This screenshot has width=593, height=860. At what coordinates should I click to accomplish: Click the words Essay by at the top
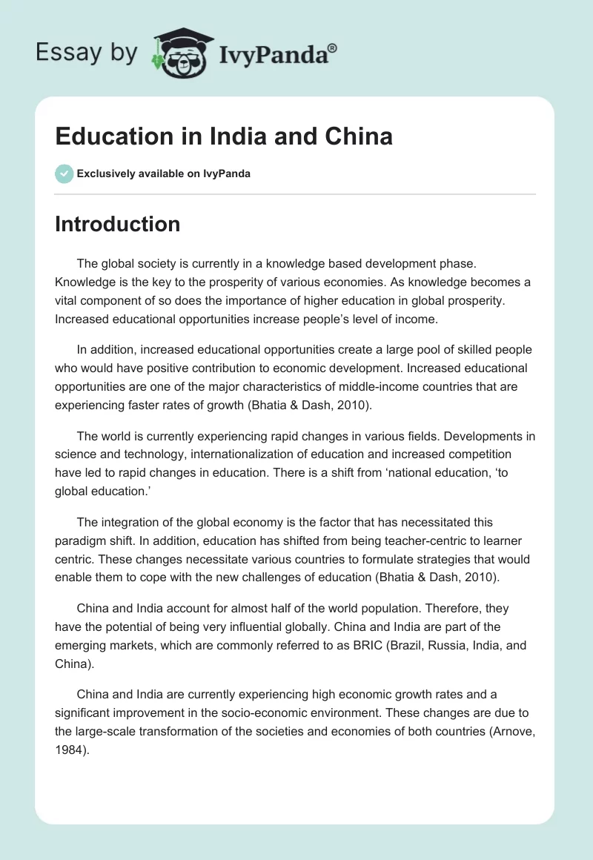86,53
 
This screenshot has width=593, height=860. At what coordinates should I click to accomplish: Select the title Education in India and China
223,137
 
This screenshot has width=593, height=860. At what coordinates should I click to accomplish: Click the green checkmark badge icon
64,173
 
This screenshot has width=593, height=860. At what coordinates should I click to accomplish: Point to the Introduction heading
117,224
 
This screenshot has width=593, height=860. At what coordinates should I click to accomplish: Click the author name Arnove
510,730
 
